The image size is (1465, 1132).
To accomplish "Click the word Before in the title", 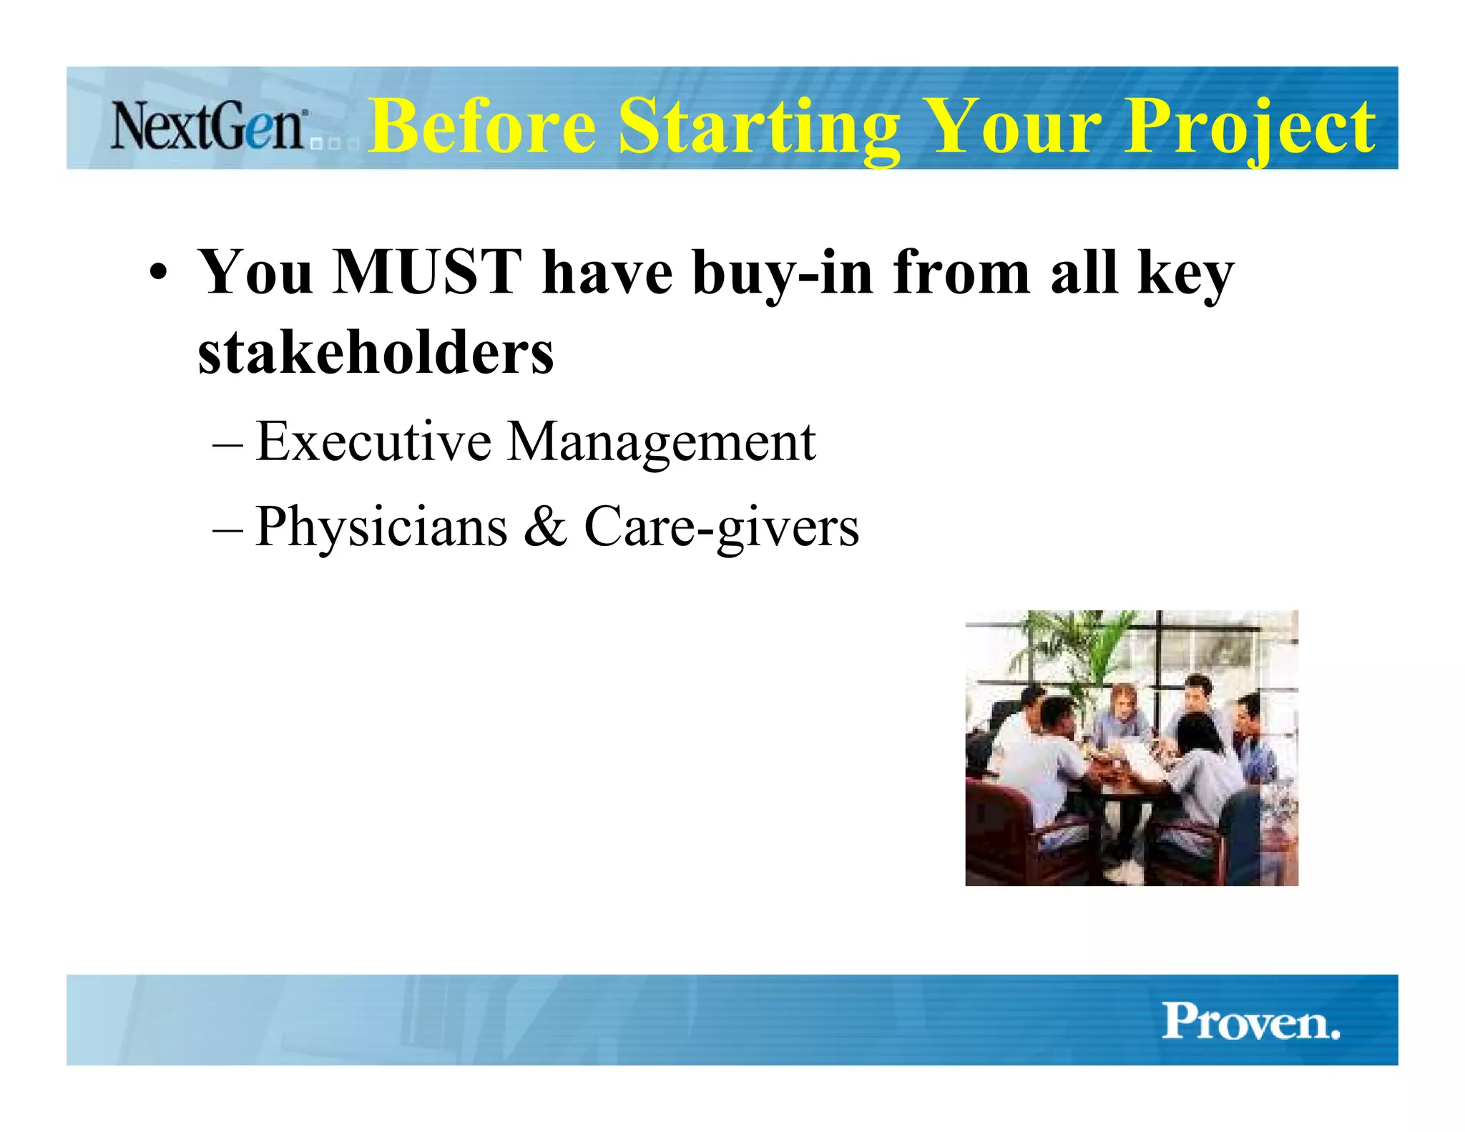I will [x=481, y=127].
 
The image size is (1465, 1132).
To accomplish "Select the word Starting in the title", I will [x=758, y=127].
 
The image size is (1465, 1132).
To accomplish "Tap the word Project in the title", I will [x=1248, y=127].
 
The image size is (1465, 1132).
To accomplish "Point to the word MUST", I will [x=427, y=272].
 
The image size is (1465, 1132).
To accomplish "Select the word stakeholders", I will [x=376, y=353].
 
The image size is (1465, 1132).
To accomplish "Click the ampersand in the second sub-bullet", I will [x=545, y=526].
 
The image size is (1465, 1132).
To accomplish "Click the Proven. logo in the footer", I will [x=1250, y=1021].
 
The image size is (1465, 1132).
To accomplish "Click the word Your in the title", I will [x=1011, y=127].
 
